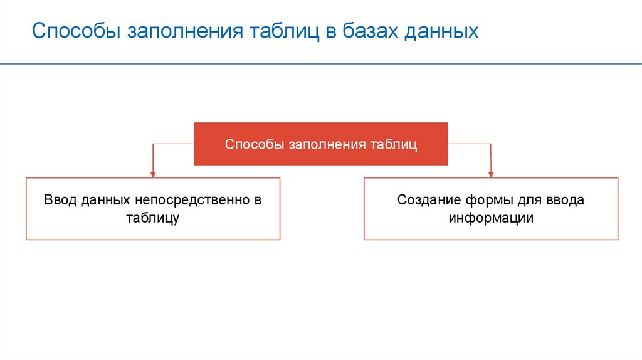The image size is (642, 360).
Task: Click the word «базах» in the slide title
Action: tap(370, 31)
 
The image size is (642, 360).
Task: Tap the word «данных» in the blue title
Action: tap(441, 32)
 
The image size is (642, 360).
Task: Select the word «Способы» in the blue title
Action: tap(76, 31)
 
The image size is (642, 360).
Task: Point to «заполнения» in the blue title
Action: tap(185, 31)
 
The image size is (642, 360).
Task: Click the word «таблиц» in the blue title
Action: tap(284, 32)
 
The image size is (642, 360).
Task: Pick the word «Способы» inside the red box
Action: tap(255, 144)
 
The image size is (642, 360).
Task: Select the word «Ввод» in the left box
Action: tap(61, 200)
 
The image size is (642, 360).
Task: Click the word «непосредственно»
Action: tap(192, 200)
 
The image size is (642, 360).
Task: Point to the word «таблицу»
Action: tap(153, 218)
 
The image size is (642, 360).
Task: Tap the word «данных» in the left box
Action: tap(105, 201)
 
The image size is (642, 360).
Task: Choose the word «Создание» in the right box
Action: tap(429, 200)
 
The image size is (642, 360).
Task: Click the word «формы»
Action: tap(489, 200)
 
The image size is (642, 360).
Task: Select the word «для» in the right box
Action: tap(529, 201)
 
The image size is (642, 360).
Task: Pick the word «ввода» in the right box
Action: tap(565, 200)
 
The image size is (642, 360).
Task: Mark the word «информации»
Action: tap(491, 218)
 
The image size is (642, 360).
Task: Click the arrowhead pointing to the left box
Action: tap(153, 175)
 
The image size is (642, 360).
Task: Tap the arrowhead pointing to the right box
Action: tap(491, 175)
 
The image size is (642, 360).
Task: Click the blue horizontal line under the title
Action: tap(321, 64)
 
